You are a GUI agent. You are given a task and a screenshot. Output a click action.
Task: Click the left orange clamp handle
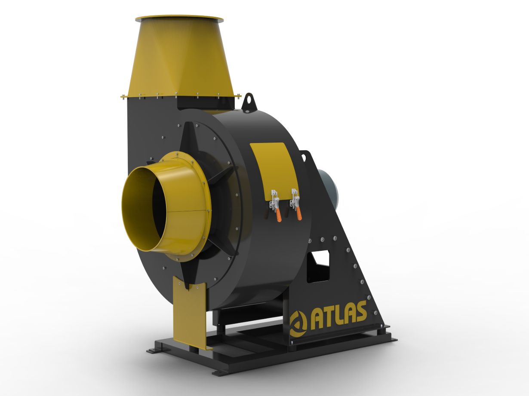(278, 215)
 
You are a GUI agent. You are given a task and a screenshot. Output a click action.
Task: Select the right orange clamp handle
(299, 213)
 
